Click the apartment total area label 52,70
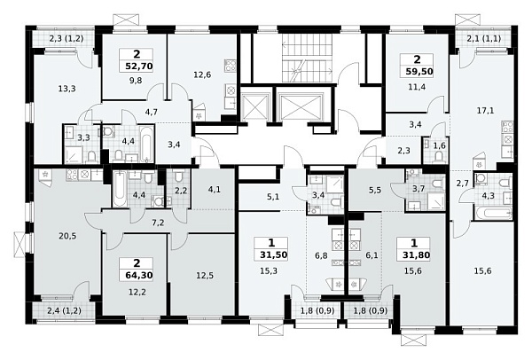(139, 66)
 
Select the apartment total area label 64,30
(139, 275)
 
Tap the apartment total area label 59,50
(419, 72)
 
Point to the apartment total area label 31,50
(274, 254)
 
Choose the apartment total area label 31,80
(417, 254)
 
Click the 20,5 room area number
(67, 236)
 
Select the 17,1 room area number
(485, 110)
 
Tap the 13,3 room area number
(66, 89)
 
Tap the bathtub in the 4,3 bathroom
(494, 214)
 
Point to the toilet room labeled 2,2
(178, 188)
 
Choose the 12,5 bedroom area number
(205, 275)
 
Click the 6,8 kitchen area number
(321, 254)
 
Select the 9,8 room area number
(136, 81)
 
